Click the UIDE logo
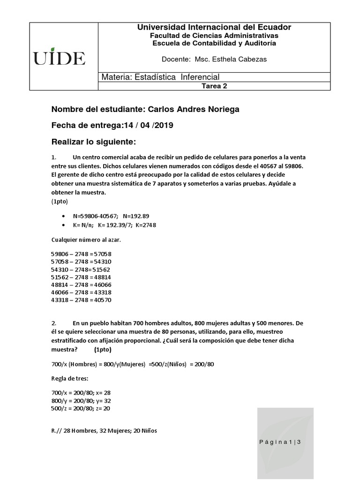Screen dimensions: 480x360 click(x=59, y=58)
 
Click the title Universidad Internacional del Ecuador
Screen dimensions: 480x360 click(x=214, y=28)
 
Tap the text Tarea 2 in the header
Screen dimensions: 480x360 click(x=214, y=86)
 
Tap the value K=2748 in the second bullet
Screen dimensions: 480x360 click(x=145, y=225)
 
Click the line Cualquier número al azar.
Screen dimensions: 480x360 click(x=86, y=240)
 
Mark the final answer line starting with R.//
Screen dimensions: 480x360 click(x=104, y=431)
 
